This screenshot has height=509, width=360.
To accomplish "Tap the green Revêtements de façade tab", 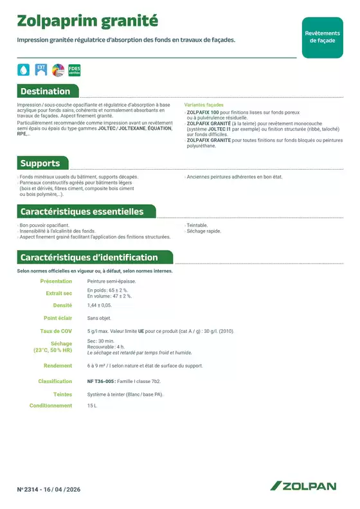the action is [322, 36].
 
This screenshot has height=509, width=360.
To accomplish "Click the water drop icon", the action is [23, 69].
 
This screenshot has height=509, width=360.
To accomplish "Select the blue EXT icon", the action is [41, 69].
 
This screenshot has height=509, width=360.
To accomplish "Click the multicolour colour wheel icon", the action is [57, 69].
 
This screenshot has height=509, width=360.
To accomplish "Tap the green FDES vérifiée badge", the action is [74, 69].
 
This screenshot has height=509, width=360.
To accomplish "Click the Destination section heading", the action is [45, 91].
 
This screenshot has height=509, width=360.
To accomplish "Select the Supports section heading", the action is [40, 163].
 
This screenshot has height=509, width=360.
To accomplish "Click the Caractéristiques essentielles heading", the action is [82, 211].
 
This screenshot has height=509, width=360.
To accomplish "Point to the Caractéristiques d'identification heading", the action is [89, 258].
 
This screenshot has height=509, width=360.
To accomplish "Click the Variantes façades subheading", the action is [204, 104].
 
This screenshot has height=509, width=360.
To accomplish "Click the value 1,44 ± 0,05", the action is [100, 305].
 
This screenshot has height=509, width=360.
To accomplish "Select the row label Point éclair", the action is [58, 318].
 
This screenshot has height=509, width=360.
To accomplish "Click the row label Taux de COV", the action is [57, 331].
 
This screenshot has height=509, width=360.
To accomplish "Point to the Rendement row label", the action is [58, 366].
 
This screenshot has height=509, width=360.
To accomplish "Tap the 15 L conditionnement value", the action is [92, 406].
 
